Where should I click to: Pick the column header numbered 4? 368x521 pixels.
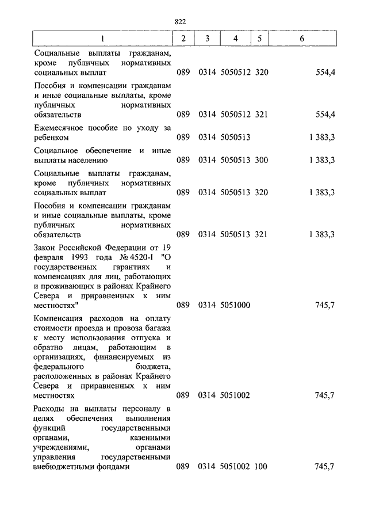235,39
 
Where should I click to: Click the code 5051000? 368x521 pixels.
235,306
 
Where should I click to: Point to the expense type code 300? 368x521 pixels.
262,159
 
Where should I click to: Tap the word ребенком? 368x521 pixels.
52,138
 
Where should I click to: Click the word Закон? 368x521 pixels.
47,248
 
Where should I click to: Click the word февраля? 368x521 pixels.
50,258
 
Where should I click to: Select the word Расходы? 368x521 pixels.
50,409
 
